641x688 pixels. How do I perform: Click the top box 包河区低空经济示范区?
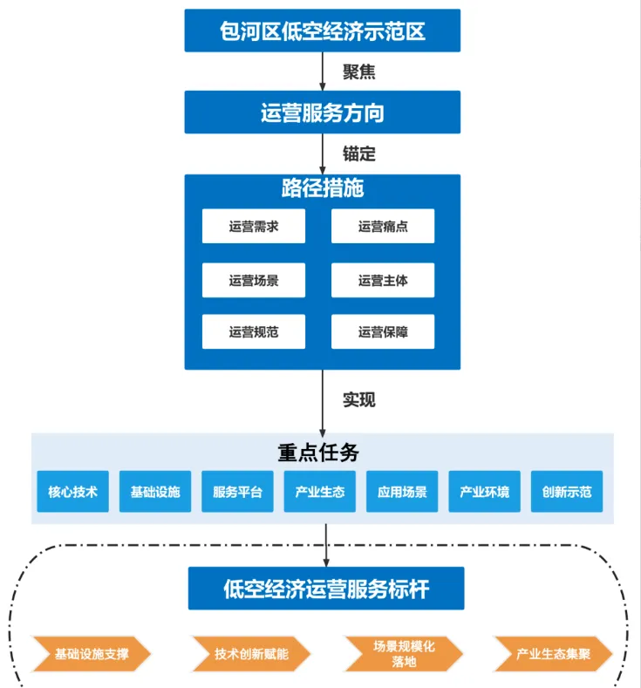tap(323, 32)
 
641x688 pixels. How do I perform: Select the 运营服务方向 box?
tap(323, 112)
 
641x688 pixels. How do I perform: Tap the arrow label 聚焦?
tap(358, 72)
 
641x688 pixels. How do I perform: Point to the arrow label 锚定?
tap(358, 153)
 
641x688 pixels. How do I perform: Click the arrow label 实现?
tap(358, 399)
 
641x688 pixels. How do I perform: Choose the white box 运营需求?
tap(254, 227)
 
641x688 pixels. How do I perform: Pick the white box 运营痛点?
tap(383, 227)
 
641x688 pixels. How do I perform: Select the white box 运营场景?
tap(254, 280)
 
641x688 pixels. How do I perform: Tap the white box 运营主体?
tap(383, 280)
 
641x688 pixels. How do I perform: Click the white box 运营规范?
tap(254, 331)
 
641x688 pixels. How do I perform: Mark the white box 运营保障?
tap(383, 331)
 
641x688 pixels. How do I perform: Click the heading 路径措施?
tap(323, 188)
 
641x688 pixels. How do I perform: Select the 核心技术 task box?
tap(73, 492)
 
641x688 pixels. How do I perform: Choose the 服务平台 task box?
tap(237, 492)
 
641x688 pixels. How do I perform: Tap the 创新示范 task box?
tap(566, 492)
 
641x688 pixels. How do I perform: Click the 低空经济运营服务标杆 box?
tap(326, 589)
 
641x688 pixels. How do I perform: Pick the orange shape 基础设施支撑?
tap(92, 653)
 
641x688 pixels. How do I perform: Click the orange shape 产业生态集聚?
tap(553, 653)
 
